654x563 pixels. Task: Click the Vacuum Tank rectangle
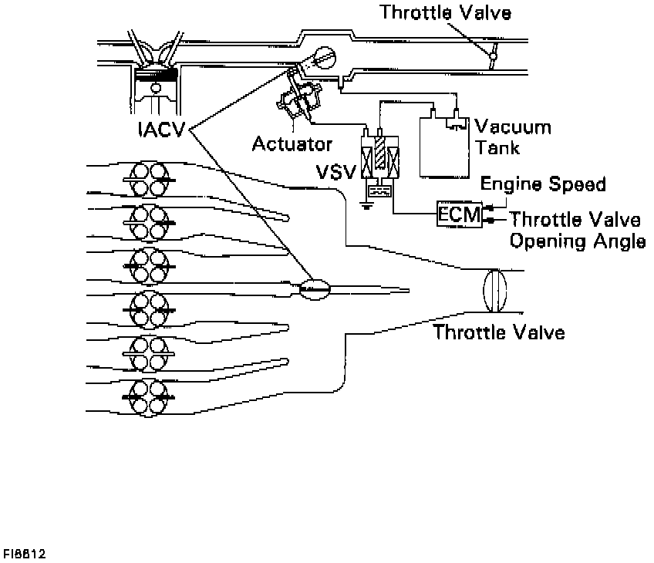[x=443, y=147]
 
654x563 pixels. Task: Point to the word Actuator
[x=292, y=144]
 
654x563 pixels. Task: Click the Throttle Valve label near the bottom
[x=499, y=332]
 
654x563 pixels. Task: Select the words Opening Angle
[x=577, y=241]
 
